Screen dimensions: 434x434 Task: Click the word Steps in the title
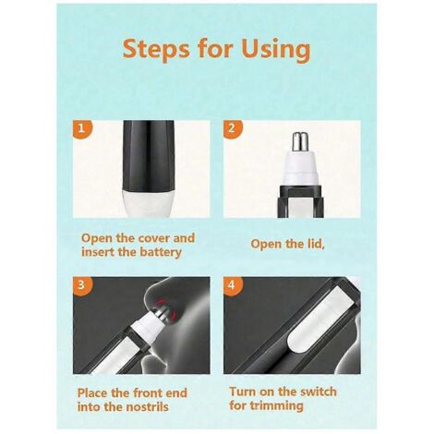(156, 50)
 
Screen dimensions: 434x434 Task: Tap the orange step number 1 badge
(82, 128)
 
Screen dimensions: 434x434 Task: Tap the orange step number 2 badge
(233, 128)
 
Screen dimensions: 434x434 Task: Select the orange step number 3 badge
(82, 285)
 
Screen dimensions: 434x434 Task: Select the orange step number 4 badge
(233, 285)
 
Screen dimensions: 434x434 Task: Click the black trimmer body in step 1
(148, 155)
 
